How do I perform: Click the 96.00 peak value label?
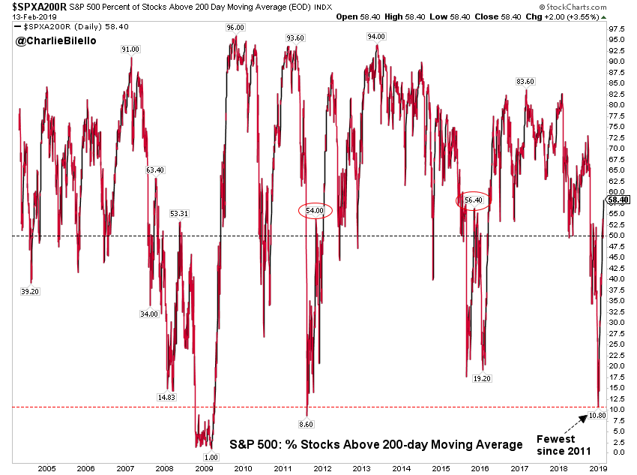pyautogui.click(x=235, y=27)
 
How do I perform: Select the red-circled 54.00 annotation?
pyautogui.click(x=315, y=212)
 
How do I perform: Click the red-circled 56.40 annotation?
pyautogui.click(x=473, y=200)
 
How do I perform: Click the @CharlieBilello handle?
pyautogui.click(x=50, y=41)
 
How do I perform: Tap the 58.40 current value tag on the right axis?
pyautogui.click(x=619, y=200)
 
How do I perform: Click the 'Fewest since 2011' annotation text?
pyautogui.click(x=563, y=445)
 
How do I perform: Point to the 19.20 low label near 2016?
pyautogui.click(x=482, y=379)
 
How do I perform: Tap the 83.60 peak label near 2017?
pyautogui.click(x=525, y=81)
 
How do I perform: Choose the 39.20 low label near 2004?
pyautogui.click(x=31, y=291)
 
